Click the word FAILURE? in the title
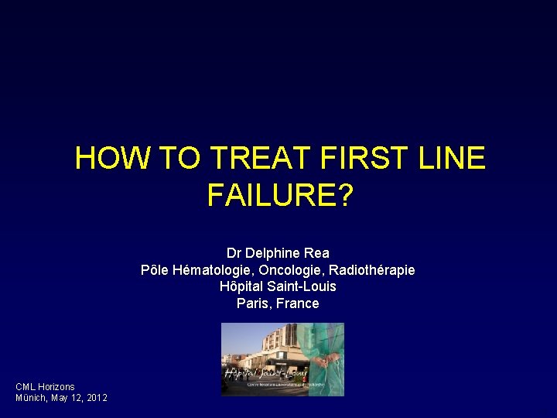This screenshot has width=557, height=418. pos(278,195)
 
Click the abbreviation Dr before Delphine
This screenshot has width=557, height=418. pos(234,253)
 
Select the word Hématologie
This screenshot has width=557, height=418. pos(207,270)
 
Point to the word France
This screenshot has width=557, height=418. pos(298,303)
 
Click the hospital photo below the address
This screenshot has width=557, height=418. pos(282,359)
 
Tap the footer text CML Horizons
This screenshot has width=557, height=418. pos(45,386)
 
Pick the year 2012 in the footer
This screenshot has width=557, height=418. pos(97,398)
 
